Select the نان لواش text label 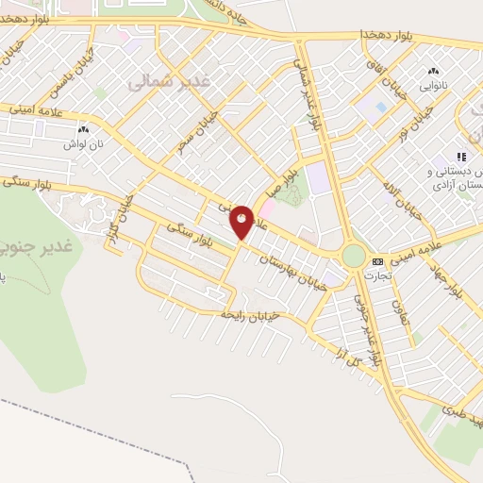[82, 144]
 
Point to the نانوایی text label [435, 84]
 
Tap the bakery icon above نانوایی [434, 71]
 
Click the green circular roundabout [354, 255]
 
